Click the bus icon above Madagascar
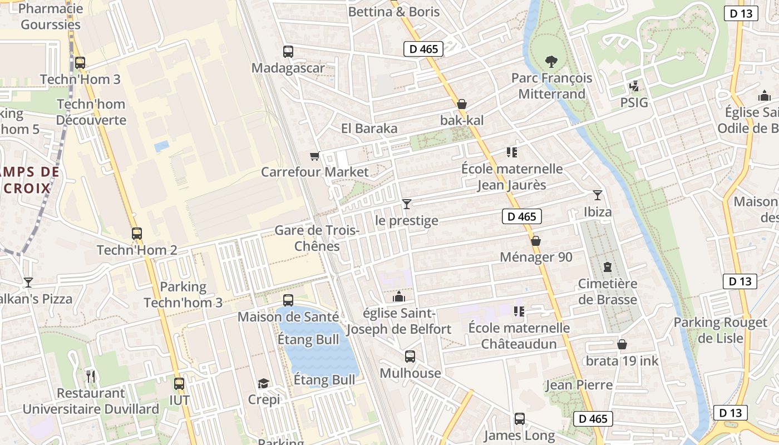[x=288, y=52]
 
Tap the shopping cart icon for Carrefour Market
[x=315, y=156]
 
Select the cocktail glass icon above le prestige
[x=407, y=204]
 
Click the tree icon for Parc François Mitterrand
[x=551, y=61]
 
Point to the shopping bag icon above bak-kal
[x=461, y=104]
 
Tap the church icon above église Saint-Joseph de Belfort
[x=398, y=297]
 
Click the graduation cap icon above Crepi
[x=263, y=384]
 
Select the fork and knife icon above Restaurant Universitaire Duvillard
[x=91, y=377]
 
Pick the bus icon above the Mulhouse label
[x=410, y=357]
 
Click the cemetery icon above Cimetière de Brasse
[x=607, y=268]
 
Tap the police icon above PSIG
[x=634, y=87]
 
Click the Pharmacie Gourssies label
[x=51, y=17]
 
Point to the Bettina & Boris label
[x=394, y=12]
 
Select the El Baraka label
[x=369, y=128]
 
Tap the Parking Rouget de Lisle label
[x=721, y=330]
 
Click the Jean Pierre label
[x=579, y=385]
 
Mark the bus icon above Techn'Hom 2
[x=137, y=234]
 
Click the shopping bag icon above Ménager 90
[x=536, y=241]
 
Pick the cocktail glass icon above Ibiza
[x=598, y=195]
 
